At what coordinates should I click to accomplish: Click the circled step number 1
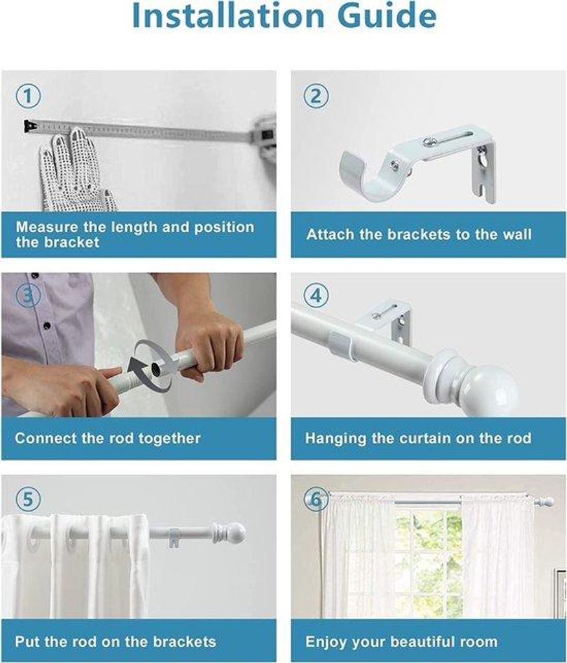tap(28, 96)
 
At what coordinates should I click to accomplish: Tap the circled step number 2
tap(316, 96)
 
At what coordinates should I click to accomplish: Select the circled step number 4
tap(316, 295)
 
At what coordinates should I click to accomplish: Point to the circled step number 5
tap(28, 499)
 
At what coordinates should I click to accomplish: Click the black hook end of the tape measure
tap(30, 126)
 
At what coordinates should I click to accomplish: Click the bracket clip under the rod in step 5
tap(174, 538)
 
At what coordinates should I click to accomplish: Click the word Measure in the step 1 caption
tap(47, 227)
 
